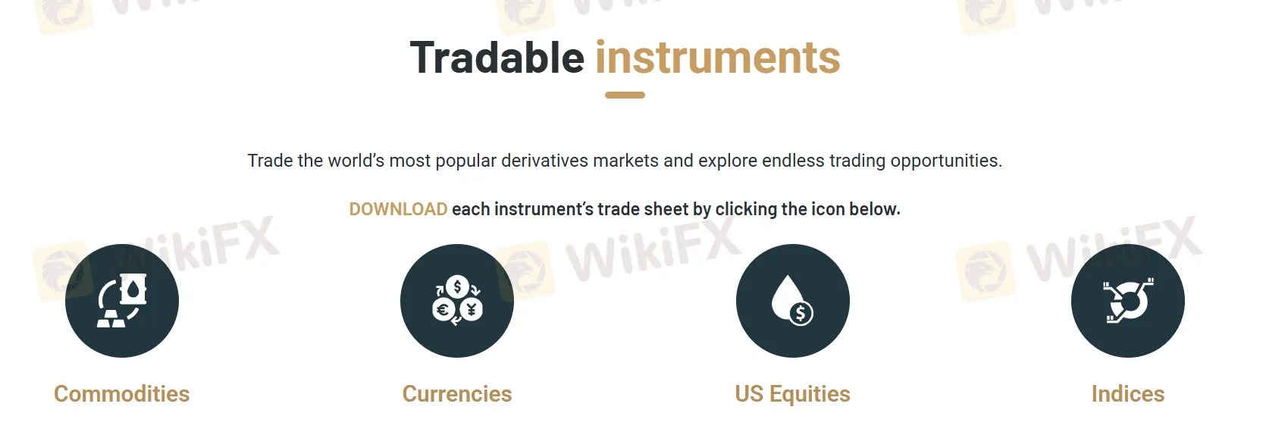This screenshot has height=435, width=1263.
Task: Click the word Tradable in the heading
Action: (497, 58)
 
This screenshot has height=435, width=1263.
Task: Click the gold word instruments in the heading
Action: (718, 58)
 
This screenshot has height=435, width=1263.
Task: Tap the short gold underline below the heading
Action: (625, 95)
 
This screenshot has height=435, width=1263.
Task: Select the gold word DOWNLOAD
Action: (398, 209)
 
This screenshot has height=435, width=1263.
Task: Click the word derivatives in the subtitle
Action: (544, 161)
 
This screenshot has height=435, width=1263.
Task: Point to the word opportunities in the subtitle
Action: (946, 161)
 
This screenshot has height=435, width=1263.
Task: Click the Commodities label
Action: (122, 394)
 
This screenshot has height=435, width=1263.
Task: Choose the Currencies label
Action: (457, 394)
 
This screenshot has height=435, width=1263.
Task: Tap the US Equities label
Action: (792, 394)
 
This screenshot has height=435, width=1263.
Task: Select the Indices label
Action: (1128, 394)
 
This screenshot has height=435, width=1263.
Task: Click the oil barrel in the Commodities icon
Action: (133, 289)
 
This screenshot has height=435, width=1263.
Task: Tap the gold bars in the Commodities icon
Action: (111, 318)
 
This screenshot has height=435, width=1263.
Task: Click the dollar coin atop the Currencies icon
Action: (457, 287)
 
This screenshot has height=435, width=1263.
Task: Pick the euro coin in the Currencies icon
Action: (443, 309)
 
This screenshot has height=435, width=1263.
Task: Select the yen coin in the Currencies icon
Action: (472, 309)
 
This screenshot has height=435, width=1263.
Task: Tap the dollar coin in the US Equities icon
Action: (801, 313)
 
